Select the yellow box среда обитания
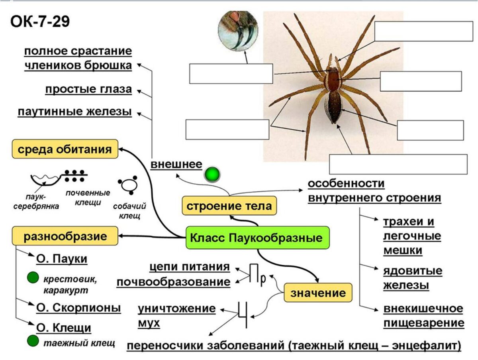[65, 150]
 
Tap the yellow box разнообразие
[65, 236]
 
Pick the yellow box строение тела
[229, 206]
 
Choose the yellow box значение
[318, 293]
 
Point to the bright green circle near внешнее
[212, 174]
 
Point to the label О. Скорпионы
[78, 308]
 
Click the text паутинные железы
[74, 111]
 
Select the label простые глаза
[88, 89]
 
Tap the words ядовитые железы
[413, 278]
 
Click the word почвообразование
[174, 282]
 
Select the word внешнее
[176, 164]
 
